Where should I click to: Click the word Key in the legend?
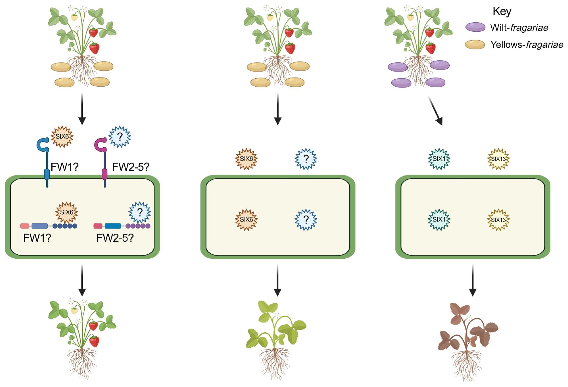pos(502,12)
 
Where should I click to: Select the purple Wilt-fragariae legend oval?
pos(475,27)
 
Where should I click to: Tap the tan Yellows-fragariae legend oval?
pos(475,45)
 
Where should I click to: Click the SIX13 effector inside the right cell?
pos(498,220)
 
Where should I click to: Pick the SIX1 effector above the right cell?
pos(439,159)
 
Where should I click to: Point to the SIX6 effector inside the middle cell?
pos(247,220)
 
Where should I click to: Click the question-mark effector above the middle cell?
pos(306,159)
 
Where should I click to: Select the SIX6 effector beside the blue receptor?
pos(62,137)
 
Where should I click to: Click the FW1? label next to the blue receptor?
pos(64,167)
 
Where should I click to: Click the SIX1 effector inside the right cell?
pos(439,220)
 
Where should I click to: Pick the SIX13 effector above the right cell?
pos(498,159)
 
